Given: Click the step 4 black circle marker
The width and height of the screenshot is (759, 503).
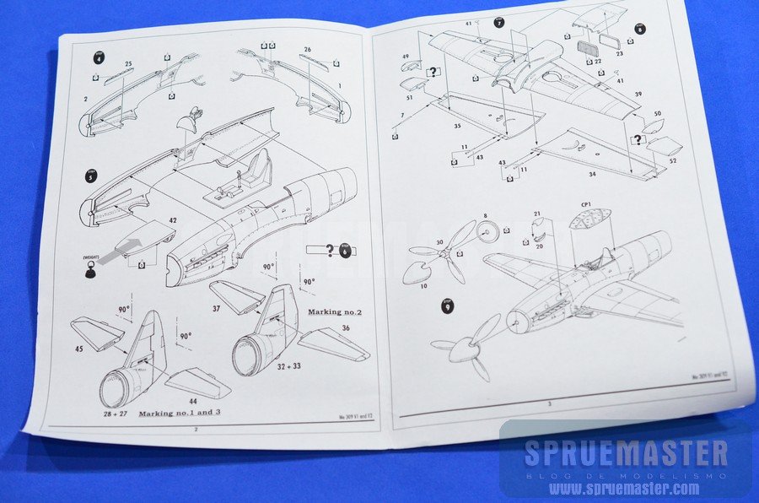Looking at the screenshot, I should pos(100,58).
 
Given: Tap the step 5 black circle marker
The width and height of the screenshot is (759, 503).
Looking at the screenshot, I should pos(91,176).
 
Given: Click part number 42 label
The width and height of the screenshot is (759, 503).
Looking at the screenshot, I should pos(172,221).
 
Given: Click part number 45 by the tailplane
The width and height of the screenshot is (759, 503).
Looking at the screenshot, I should pos(78,349).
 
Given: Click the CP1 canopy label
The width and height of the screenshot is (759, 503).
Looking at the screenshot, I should pos(586,203).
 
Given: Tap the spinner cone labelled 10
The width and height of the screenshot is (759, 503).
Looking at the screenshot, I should pos(417,272).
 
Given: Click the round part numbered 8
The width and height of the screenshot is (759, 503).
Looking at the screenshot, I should pos(485,230).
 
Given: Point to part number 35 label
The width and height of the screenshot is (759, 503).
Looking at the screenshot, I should pos(457,127).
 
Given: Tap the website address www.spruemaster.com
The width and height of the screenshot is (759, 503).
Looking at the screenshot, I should pos(625,488).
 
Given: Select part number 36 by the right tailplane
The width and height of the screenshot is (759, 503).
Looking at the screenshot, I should pos(345,327).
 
